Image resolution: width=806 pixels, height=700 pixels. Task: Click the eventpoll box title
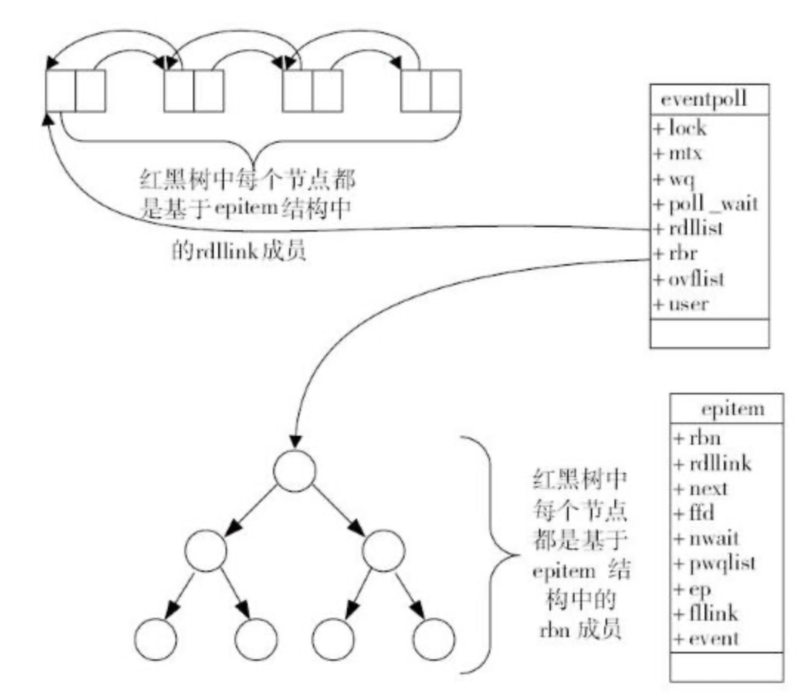(x=708, y=101)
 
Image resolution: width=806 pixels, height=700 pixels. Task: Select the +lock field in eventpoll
(x=680, y=128)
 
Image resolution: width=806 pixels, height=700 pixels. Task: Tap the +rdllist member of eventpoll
(x=688, y=229)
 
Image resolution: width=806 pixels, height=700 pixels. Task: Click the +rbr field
(x=676, y=253)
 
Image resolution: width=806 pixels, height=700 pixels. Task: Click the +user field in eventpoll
(x=680, y=303)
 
